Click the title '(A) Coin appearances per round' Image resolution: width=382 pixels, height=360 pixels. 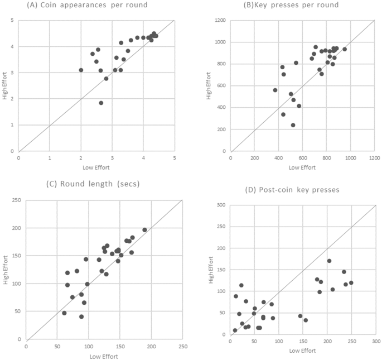tap(86, 6)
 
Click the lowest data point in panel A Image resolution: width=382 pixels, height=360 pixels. tap(101, 103)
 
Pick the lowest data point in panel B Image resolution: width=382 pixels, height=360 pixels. tap(293, 125)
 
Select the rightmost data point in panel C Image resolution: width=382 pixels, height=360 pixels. tap(144, 230)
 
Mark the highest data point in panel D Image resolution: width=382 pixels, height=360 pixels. tap(330, 261)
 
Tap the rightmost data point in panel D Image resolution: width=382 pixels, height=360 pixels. tap(351, 282)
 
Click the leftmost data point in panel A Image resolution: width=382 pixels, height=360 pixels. tap(81, 70)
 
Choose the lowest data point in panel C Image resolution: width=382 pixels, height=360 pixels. tap(81, 316)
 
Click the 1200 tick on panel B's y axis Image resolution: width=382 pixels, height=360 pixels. tap(220, 21)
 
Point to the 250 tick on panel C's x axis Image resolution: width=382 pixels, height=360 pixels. tap(183, 346)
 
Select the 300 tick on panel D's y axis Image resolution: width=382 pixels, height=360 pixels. tap(221, 205)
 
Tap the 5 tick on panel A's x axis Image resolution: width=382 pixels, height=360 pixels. tap(175, 158)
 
